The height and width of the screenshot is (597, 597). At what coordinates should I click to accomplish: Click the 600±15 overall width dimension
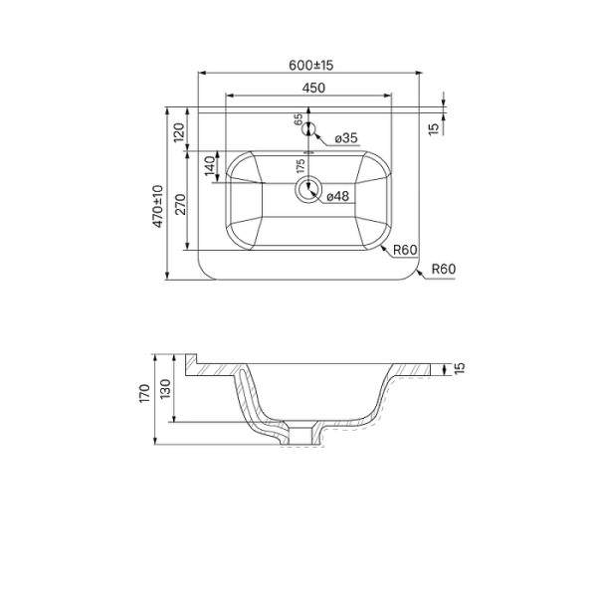coord(310,65)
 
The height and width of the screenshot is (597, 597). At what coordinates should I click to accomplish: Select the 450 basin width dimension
coord(313,88)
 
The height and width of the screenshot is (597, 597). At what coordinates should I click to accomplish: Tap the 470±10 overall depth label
coord(158,206)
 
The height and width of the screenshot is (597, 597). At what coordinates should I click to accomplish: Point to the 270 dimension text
coord(181,204)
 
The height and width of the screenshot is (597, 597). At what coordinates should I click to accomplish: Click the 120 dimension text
coord(179,132)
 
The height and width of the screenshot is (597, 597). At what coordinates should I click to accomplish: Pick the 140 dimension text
coord(210,166)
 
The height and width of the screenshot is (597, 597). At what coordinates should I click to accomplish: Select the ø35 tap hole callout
coord(346,138)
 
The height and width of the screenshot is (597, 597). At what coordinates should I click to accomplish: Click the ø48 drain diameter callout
coord(337,196)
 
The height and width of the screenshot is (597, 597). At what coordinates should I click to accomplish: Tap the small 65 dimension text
coord(298,119)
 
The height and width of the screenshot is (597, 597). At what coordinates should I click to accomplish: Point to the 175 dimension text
coord(300,166)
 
